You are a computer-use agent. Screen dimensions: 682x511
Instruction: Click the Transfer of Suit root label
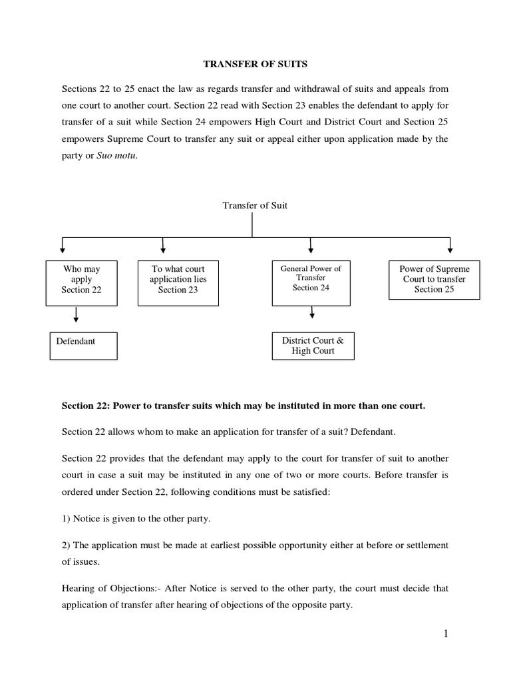coord(255,205)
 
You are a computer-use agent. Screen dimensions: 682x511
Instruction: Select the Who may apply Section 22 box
coord(81,279)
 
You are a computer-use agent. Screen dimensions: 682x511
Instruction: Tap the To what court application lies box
coord(178,279)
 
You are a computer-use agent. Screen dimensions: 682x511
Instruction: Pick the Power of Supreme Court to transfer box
coord(434,279)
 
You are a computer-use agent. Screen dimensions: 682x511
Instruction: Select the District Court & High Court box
coord(313,346)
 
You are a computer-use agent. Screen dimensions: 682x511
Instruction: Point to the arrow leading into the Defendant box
coord(76,316)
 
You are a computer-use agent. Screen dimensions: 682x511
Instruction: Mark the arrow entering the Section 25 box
coord(450,246)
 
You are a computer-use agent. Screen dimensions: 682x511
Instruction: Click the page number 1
coord(445,634)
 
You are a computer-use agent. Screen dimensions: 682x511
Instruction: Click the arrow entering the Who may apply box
coord(62,246)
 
